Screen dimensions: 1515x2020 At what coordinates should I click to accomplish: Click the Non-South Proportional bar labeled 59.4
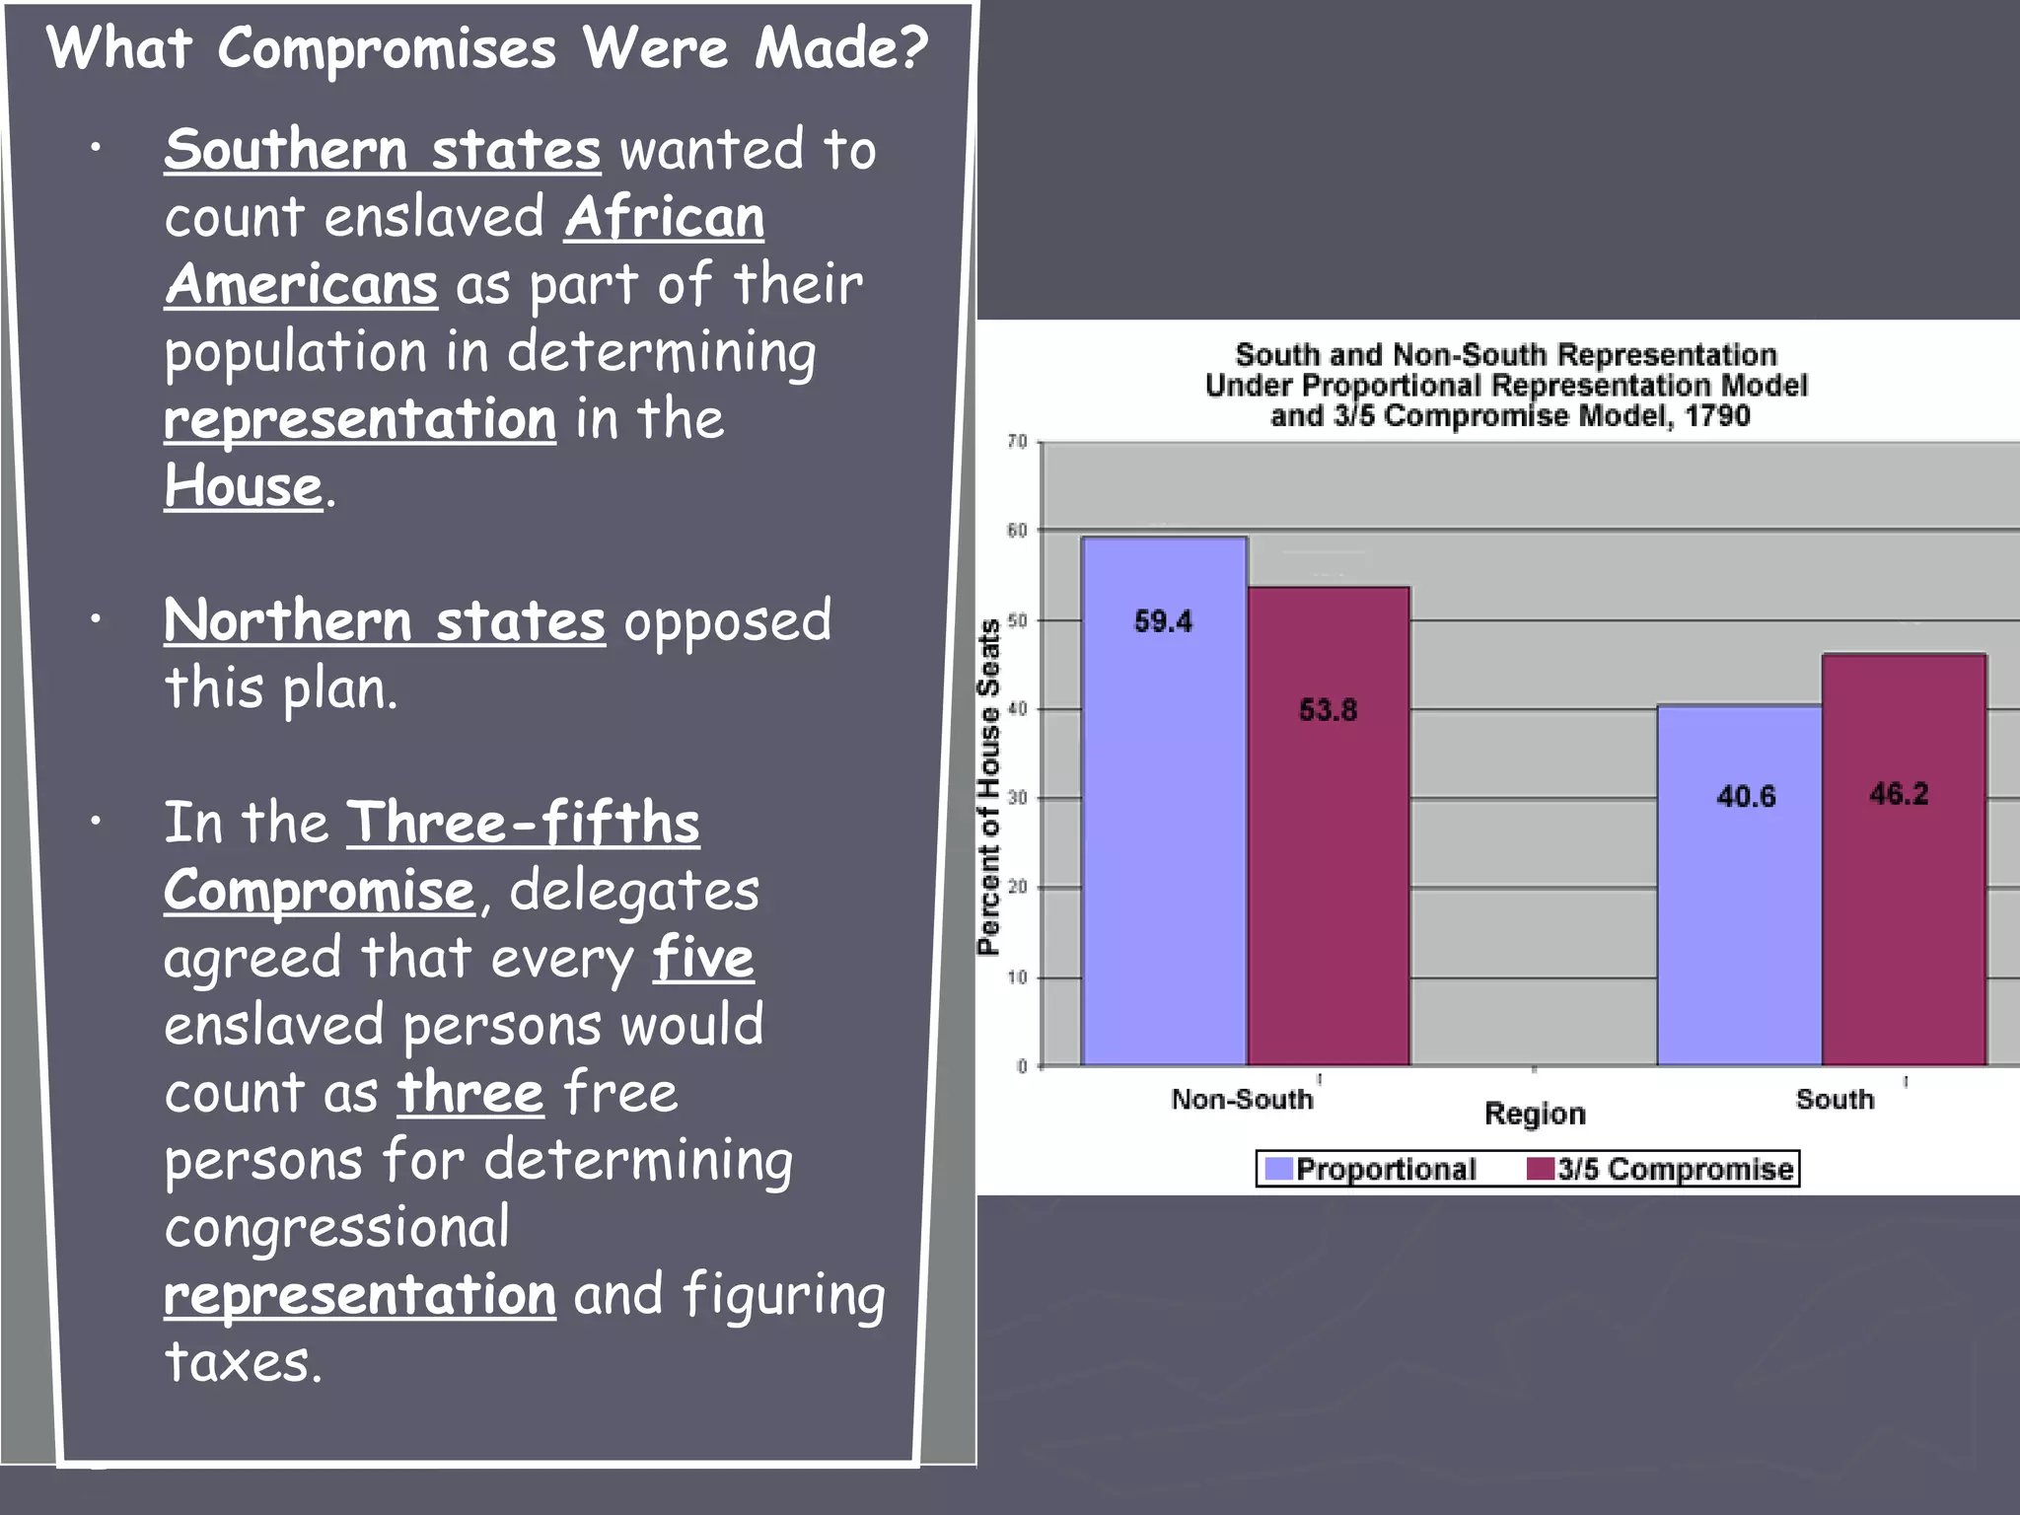1164,799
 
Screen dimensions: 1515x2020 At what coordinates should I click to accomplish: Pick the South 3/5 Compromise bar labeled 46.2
1904,859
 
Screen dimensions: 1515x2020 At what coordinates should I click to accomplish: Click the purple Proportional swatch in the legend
1278,1169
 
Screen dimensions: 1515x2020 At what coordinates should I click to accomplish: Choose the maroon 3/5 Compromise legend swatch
1540,1169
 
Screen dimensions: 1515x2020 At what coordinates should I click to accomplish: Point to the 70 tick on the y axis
1017,442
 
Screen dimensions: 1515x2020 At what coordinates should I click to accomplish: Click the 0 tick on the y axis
1022,1066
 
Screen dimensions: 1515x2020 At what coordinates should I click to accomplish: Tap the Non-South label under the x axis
1242,1099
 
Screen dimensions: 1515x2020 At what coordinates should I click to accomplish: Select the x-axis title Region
1535,1114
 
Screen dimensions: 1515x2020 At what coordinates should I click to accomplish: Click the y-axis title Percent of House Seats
988,787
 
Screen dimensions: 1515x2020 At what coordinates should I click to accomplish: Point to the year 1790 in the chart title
1716,415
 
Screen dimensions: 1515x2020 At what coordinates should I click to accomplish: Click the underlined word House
243,486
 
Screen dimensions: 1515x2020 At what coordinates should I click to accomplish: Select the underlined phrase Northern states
384,621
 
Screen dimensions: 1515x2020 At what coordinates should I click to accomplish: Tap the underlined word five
703,958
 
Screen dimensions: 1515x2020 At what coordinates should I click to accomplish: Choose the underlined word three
469,1093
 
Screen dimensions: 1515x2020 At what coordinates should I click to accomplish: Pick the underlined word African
664,217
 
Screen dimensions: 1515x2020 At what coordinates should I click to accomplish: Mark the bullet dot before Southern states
96,149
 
